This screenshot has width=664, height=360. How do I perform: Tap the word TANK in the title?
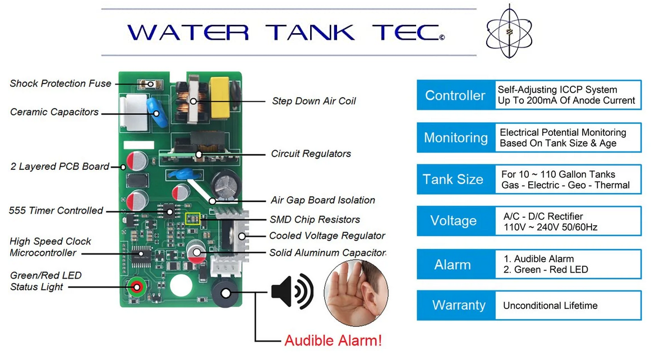[x=310, y=32]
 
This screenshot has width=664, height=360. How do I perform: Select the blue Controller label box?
[x=455, y=95]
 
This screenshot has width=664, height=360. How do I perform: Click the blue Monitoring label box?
[x=455, y=138]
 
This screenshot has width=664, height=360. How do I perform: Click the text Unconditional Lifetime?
[x=550, y=306]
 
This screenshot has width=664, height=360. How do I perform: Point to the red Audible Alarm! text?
[x=333, y=340]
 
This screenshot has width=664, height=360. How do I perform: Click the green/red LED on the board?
[x=136, y=288]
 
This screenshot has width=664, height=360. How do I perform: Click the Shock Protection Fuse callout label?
[x=61, y=84]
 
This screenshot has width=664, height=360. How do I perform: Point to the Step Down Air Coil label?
[x=313, y=101]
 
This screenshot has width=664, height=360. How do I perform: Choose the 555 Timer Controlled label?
[x=56, y=211]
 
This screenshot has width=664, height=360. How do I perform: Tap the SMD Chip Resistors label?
[x=315, y=220]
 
